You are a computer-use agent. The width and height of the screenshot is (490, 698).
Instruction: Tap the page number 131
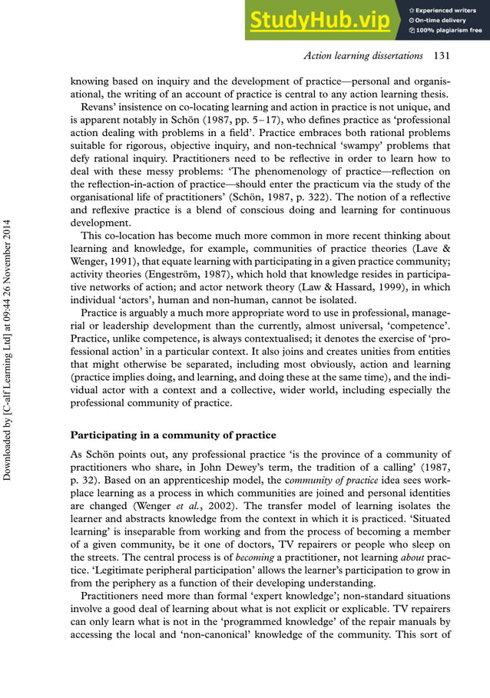442,56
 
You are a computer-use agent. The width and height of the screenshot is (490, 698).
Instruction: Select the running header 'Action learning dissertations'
363,56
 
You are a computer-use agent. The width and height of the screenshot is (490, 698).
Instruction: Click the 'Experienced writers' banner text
449,9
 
